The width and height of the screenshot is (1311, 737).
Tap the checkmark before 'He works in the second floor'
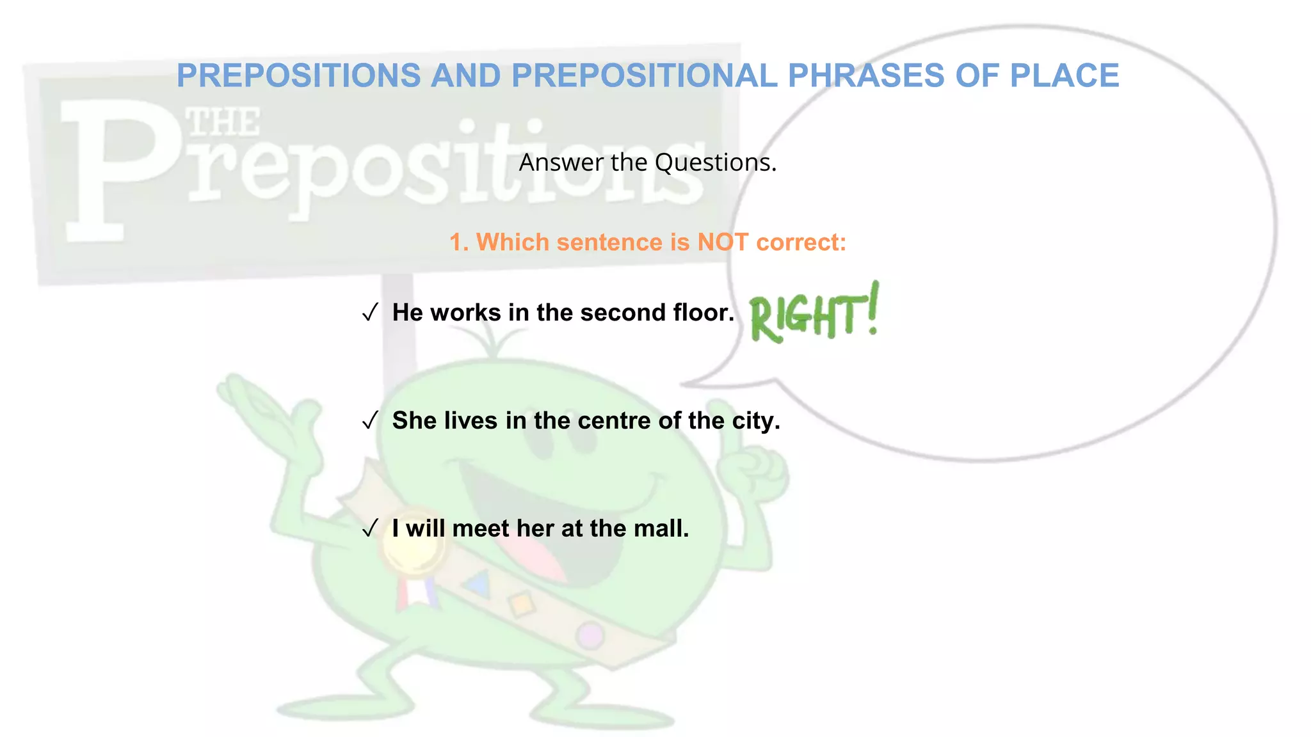(370, 313)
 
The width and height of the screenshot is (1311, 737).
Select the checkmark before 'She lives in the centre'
(370, 421)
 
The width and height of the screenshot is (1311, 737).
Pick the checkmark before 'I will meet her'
(370, 529)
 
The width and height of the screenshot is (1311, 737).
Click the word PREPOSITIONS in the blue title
(298, 75)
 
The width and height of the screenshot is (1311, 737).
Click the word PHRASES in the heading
(866, 75)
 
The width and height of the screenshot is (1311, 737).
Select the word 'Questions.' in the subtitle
(716, 162)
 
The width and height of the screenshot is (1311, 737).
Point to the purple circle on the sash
(590, 635)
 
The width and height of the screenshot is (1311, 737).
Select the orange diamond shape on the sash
(522, 603)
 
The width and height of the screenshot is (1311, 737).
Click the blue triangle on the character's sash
(479, 584)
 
